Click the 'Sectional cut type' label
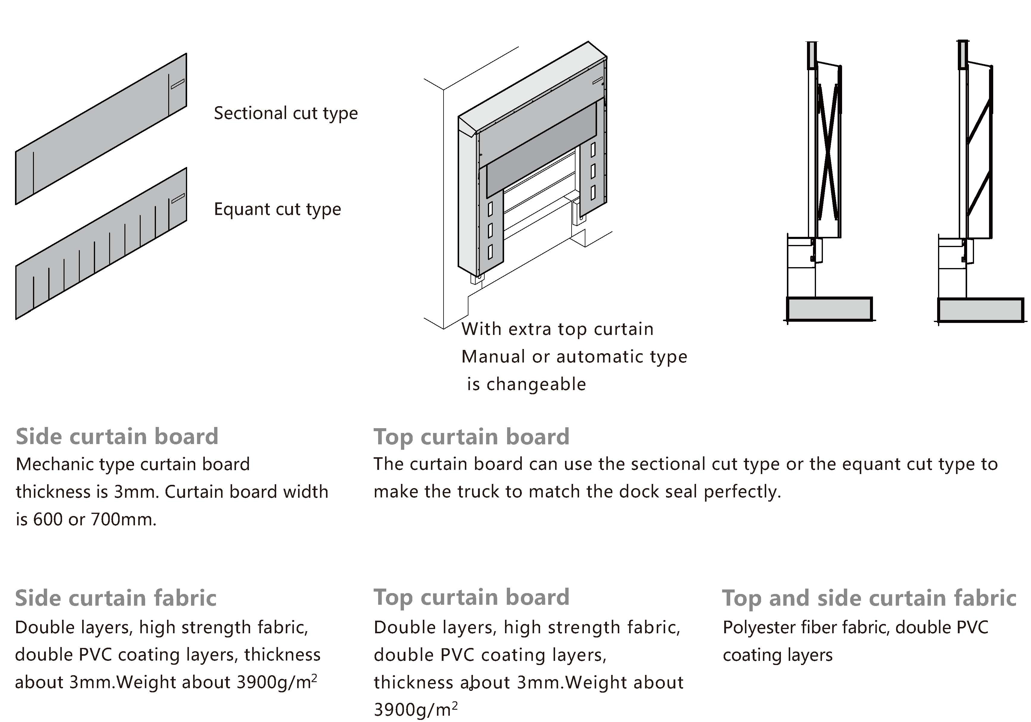click(285, 113)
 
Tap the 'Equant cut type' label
click(277, 209)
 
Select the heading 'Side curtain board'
click(117, 437)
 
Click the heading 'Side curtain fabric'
click(115, 598)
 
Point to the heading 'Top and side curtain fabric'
click(869, 598)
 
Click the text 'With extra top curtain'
click(557, 329)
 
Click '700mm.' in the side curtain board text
click(124, 520)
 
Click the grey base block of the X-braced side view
click(829, 309)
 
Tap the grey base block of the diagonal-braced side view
click(981, 310)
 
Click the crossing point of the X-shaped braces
click(828, 153)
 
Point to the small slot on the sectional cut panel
click(177, 84)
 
